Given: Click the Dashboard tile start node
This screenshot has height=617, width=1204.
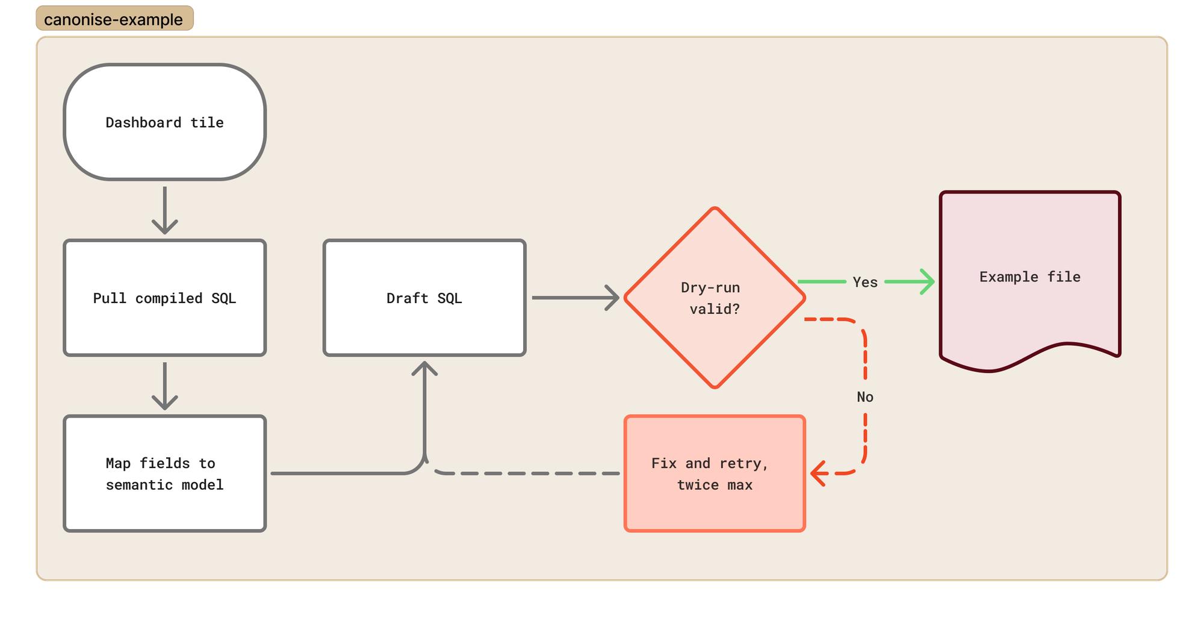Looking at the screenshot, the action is pos(164,122).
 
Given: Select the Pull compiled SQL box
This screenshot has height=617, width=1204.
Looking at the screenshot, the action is pos(164,298).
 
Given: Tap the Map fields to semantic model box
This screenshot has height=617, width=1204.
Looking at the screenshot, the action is pos(164,474).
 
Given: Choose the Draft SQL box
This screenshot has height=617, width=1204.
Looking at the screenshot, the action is pos(424,298).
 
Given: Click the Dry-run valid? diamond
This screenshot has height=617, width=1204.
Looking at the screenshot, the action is pos(715,298).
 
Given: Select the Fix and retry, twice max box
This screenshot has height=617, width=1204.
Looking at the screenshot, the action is pos(715,474).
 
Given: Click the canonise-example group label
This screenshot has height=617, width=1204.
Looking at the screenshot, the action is pos(114,19).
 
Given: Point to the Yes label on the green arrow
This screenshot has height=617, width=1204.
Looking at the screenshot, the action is pos(865,282).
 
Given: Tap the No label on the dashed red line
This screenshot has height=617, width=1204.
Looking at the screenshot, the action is pos(865,396).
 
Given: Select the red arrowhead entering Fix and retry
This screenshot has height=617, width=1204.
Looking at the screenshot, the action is pos(818,474).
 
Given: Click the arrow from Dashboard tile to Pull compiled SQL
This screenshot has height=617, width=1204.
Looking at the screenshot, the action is pos(164,210).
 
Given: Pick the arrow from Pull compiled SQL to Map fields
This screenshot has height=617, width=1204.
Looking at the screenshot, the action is pos(164,386).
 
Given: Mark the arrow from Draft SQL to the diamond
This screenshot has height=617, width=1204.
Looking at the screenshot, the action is pos(576,298).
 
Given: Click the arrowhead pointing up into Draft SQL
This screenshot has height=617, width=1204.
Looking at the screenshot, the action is pos(424,368).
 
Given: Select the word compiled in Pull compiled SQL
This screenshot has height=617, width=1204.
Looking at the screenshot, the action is pos(169,298).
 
